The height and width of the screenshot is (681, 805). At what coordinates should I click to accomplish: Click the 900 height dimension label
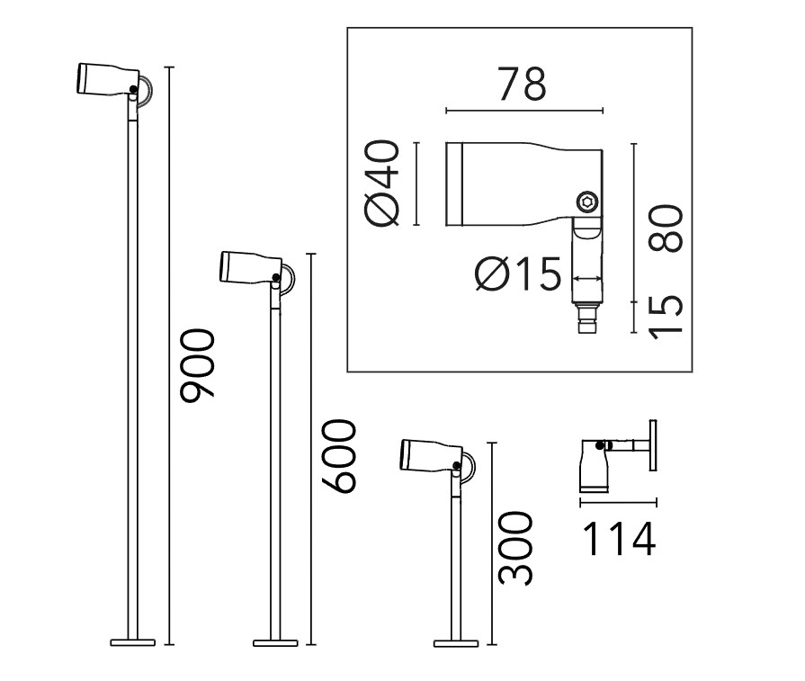click(x=197, y=365)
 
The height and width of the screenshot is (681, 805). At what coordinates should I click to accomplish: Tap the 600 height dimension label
click(x=339, y=457)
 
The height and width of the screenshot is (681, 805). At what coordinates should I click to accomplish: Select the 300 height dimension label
click(x=516, y=549)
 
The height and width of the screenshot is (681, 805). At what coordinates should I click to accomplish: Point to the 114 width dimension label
click(x=619, y=539)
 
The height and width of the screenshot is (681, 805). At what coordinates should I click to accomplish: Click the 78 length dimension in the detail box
click(x=523, y=84)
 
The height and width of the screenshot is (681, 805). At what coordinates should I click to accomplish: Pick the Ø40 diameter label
click(x=381, y=184)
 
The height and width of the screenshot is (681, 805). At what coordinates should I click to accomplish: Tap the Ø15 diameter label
click(x=517, y=273)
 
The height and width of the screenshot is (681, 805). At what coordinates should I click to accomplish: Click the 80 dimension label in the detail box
click(x=666, y=228)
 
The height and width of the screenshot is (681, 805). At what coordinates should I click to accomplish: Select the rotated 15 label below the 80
click(x=666, y=318)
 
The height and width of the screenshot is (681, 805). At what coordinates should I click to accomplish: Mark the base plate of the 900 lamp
click(x=132, y=642)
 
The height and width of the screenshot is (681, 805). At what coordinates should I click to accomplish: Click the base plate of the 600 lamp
click(x=275, y=642)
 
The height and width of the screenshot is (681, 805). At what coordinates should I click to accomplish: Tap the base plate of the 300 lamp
click(x=456, y=643)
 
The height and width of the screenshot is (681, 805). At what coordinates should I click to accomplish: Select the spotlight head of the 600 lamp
click(x=251, y=267)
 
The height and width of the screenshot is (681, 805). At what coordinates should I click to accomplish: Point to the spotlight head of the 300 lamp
click(x=431, y=455)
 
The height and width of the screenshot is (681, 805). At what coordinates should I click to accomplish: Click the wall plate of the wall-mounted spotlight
click(x=653, y=445)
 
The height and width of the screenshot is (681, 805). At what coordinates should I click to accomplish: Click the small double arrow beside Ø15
click(x=586, y=278)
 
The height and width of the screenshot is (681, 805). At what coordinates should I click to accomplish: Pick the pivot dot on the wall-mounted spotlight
click(x=599, y=445)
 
